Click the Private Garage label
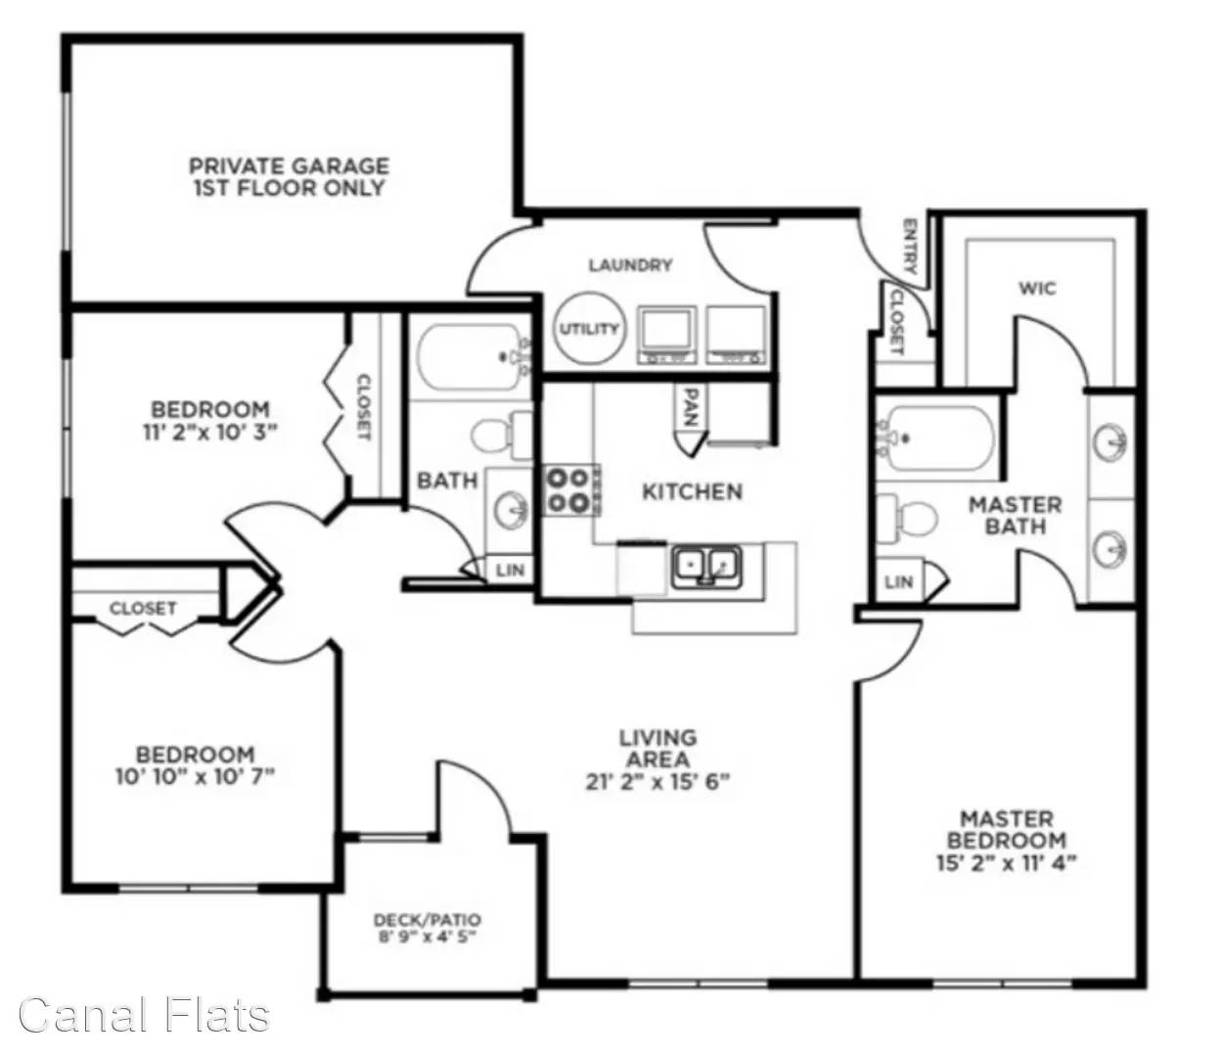click(x=290, y=176)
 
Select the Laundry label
click(x=630, y=265)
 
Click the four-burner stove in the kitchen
click(x=569, y=490)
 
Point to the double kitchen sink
click(x=706, y=567)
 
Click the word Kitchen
click(x=693, y=492)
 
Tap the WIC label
click(x=1038, y=289)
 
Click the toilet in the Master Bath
click(x=907, y=519)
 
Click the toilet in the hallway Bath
click(x=502, y=436)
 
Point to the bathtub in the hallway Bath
click(x=471, y=357)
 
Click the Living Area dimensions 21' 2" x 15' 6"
click(x=658, y=783)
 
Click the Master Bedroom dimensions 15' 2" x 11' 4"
click(x=1008, y=862)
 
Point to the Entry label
click(x=910, y=247)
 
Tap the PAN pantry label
click(x=691, y=408)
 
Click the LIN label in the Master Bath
click(x=899, y=582)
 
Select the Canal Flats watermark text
click(x=145, y=1015)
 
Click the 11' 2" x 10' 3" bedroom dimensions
click(x=210, y=432)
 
